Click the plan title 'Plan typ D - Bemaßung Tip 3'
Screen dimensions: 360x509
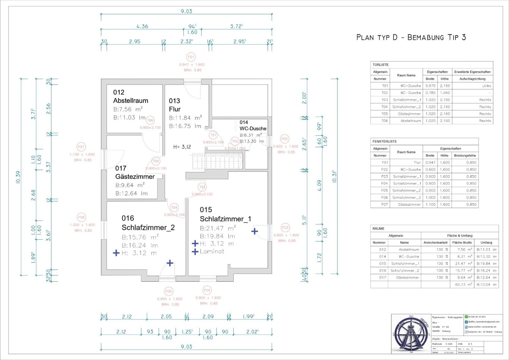pyautogui.click(x=411, y=37)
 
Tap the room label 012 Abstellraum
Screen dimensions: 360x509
pyautogui.click(x=130, y=97)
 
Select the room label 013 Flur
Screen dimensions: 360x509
pyautogui.click(x=175, y=105)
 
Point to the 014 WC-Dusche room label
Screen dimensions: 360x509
pyautogui.click(x=253, y=126)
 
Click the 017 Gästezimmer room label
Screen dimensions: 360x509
pyautogui.click(x=135, y=173)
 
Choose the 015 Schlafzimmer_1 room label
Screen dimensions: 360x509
pyautogui.click(x=225, y=214)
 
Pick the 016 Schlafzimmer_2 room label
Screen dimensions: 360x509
pyautogui.click(x=148, y=223)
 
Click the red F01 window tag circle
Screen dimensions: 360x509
pyautogui.click(x=191, y=57)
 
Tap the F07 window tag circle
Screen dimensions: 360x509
pyautogui.click(x=81, y=147)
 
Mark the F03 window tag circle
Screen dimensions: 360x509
pyautogui.click(x=285, y=227)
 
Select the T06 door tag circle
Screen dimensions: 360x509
pyautogui.click(x=150, y=120)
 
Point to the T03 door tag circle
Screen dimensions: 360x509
pyautogui.click(x=202, y=187)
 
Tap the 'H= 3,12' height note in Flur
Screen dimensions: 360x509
pyautogui.click(x=182, y=147)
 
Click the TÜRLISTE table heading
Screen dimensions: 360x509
pyautogui.click(x=380, y=64)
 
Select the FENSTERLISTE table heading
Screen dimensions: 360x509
pyautogui.click(x=385, y=141)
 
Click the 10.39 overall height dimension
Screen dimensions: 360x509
pyautogui.click(x=18, y=177)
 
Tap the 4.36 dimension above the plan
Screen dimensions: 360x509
pyautogui.click(x=142, y=26)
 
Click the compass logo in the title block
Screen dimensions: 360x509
pyautogui.click(x=411, y=334)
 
